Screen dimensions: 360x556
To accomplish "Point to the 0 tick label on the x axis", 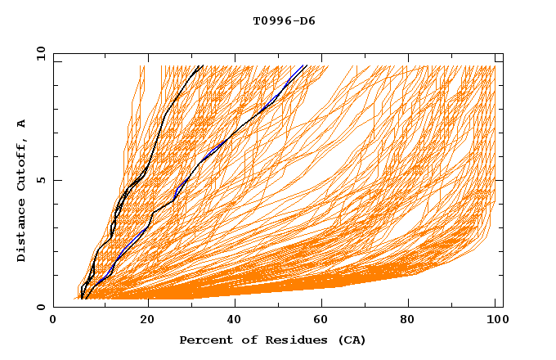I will (x=54, y=321).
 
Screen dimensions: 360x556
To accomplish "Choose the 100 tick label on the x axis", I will (x=495, y=321).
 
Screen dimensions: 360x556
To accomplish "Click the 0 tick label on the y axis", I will (x=40, y=307).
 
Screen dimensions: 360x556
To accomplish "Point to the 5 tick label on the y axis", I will (x=40, y=180).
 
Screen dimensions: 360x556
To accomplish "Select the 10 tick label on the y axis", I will (x=40, y=53).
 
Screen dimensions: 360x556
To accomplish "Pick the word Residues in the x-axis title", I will (x=289, y=340).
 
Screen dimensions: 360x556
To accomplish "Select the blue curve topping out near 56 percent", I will (x=245, y=123).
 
